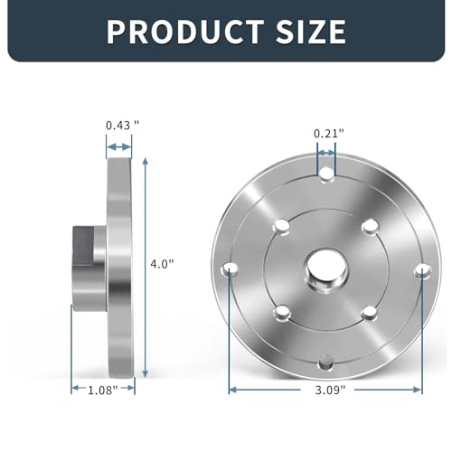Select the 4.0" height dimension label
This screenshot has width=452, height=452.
(x=162, y=263)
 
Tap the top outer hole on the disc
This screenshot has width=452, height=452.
(x=325, y=172)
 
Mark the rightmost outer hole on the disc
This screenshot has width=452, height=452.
(x=420, y=268)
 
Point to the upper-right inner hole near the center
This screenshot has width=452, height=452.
(x=368, y=226)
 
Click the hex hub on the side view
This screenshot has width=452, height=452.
(x=89, y=267)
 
